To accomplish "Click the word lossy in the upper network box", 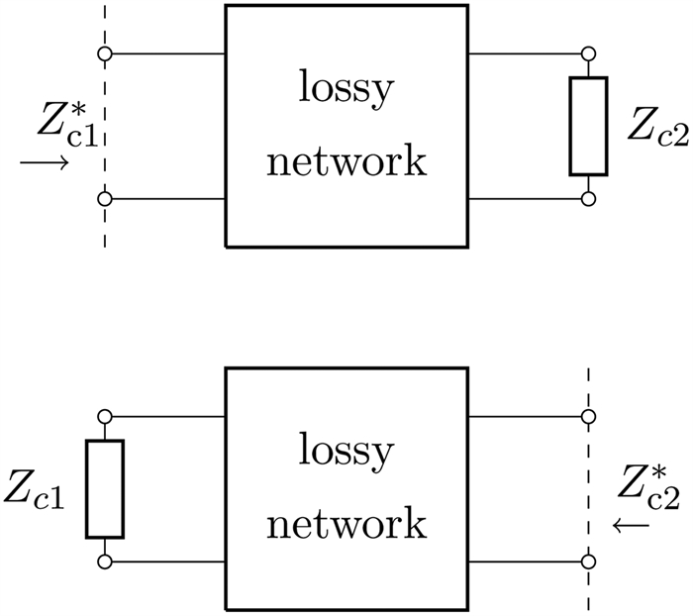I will tap(346, 93).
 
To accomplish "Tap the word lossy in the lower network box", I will tap(346, 456).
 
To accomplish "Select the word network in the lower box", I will tap(346, 522).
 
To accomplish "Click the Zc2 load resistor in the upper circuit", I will tap(588, 126).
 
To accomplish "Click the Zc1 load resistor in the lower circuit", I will tap(104, 489).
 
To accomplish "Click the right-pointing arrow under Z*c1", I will tap(44, 162).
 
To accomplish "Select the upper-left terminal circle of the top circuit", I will tap(104, 52).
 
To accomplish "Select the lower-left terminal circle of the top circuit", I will tap(104, 199).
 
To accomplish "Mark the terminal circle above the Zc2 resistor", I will tap(588, 52).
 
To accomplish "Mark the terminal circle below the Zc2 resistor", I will tap(588, 199).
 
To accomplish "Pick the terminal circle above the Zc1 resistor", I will tap(104, 416).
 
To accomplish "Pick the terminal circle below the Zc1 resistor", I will tap(104, 563).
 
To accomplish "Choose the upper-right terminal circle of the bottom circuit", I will tap(588, 416).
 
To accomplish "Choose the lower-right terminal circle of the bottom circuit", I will tap(588, 563).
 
